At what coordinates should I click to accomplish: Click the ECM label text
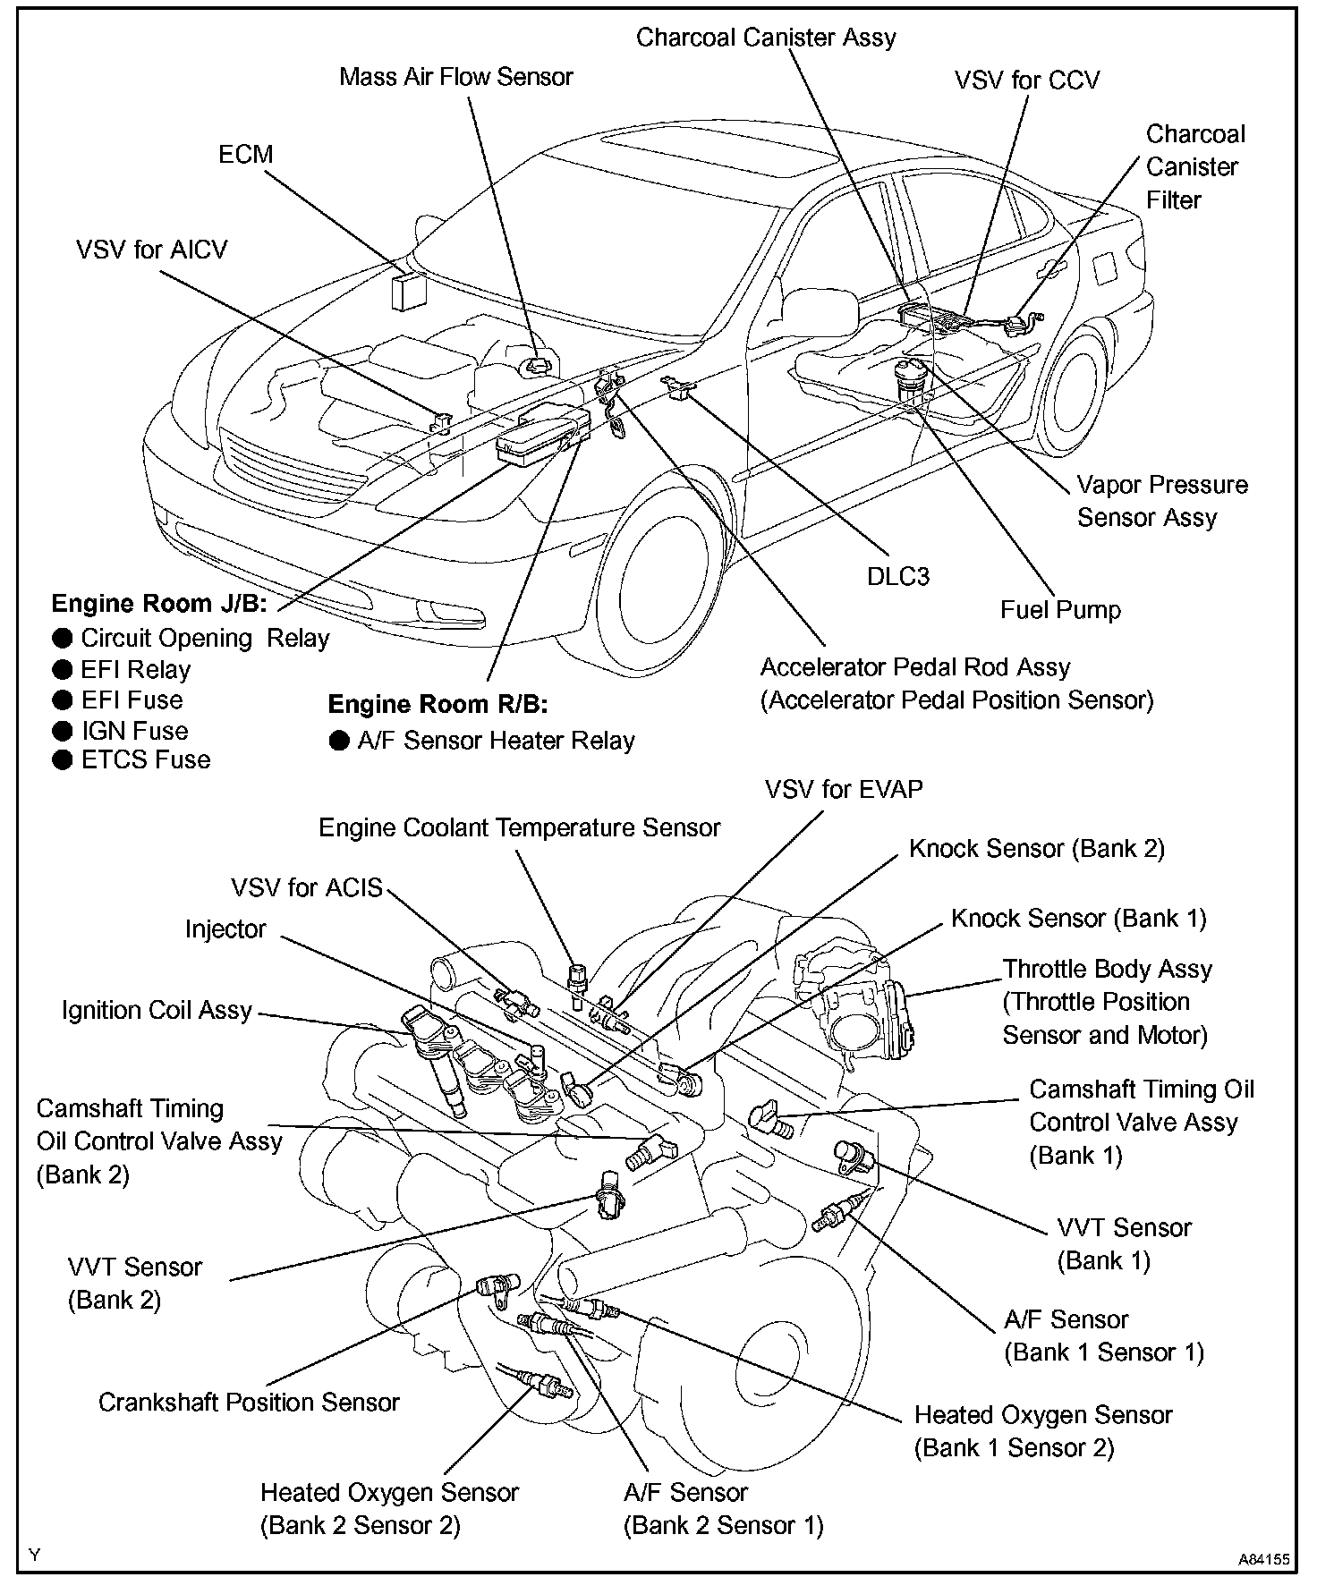(x=245, y=155)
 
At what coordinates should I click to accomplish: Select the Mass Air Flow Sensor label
(x=455, y=77)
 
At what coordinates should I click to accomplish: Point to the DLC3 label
(x=898, y=577)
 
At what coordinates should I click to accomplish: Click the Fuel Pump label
(x=1060, y=610)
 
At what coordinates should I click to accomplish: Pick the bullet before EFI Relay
(x=62, y=670)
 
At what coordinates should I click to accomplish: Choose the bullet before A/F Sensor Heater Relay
(x=339, y=741)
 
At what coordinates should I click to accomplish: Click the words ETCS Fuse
(x=146, y=760)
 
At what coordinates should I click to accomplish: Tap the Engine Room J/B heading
(x=159, y=603)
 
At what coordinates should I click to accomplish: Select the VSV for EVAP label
(x=843, y=790)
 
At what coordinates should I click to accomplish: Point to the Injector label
(x=225, y=929)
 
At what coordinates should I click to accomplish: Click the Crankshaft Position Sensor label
(x=249, y=1402)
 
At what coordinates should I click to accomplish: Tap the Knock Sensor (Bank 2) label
(x=1036, y=849)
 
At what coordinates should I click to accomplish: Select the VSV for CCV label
(x=1026, y=81)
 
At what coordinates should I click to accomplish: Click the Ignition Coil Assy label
(x=157, y=1011)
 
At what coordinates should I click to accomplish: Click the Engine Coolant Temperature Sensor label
(x=519, y=828)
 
